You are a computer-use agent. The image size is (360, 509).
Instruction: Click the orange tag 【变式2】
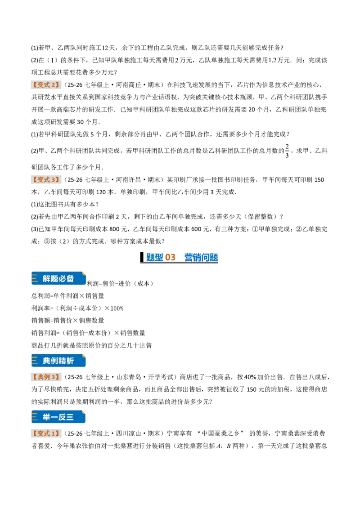(x=46, y=85)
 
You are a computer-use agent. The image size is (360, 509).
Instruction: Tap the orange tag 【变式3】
(x=46, y=180)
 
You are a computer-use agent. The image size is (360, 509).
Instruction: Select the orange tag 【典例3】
(x=46, y=377)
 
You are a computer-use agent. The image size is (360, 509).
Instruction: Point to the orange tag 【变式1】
(x=46, y=434)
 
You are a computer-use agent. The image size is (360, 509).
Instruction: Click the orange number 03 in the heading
(x=170, y=257)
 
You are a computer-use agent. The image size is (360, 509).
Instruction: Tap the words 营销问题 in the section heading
(x=201, y=257)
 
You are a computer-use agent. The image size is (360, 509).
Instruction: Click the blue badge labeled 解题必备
(x=58, y=278)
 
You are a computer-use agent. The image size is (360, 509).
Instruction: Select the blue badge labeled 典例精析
(x=58, y=361)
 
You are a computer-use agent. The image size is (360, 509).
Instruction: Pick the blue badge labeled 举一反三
(x=58, y=417)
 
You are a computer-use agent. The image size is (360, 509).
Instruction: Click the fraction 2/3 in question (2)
(x=287, y=151)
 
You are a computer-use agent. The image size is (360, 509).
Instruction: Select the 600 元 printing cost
(x=200, y=229)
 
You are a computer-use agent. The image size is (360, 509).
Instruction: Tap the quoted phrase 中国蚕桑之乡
(x=220, y=434)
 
